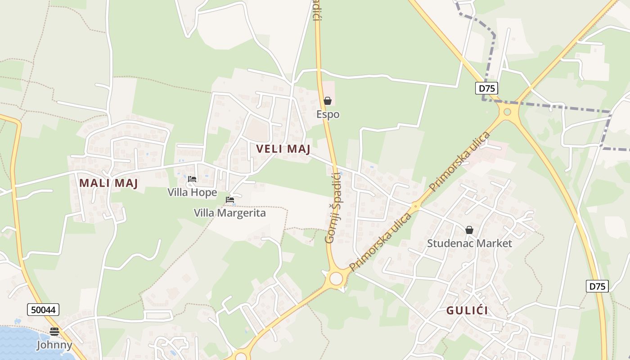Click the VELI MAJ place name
point(283,149)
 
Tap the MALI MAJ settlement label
point(108,183)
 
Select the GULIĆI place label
point(467,310)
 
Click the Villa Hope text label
point(192,193)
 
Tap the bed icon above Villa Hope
point(192,180)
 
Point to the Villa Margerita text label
point(229,213)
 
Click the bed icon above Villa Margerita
point(230,200)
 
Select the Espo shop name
point(328,114)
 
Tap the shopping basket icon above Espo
point(328,101)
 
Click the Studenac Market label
point(469,243)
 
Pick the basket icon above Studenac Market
point(469,230)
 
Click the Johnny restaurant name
point(54,345)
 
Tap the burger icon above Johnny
point(54,332)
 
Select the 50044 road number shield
point(43,310)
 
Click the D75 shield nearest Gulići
point(597,286)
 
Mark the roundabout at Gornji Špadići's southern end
point(336,279)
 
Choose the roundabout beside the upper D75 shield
point(508,112)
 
